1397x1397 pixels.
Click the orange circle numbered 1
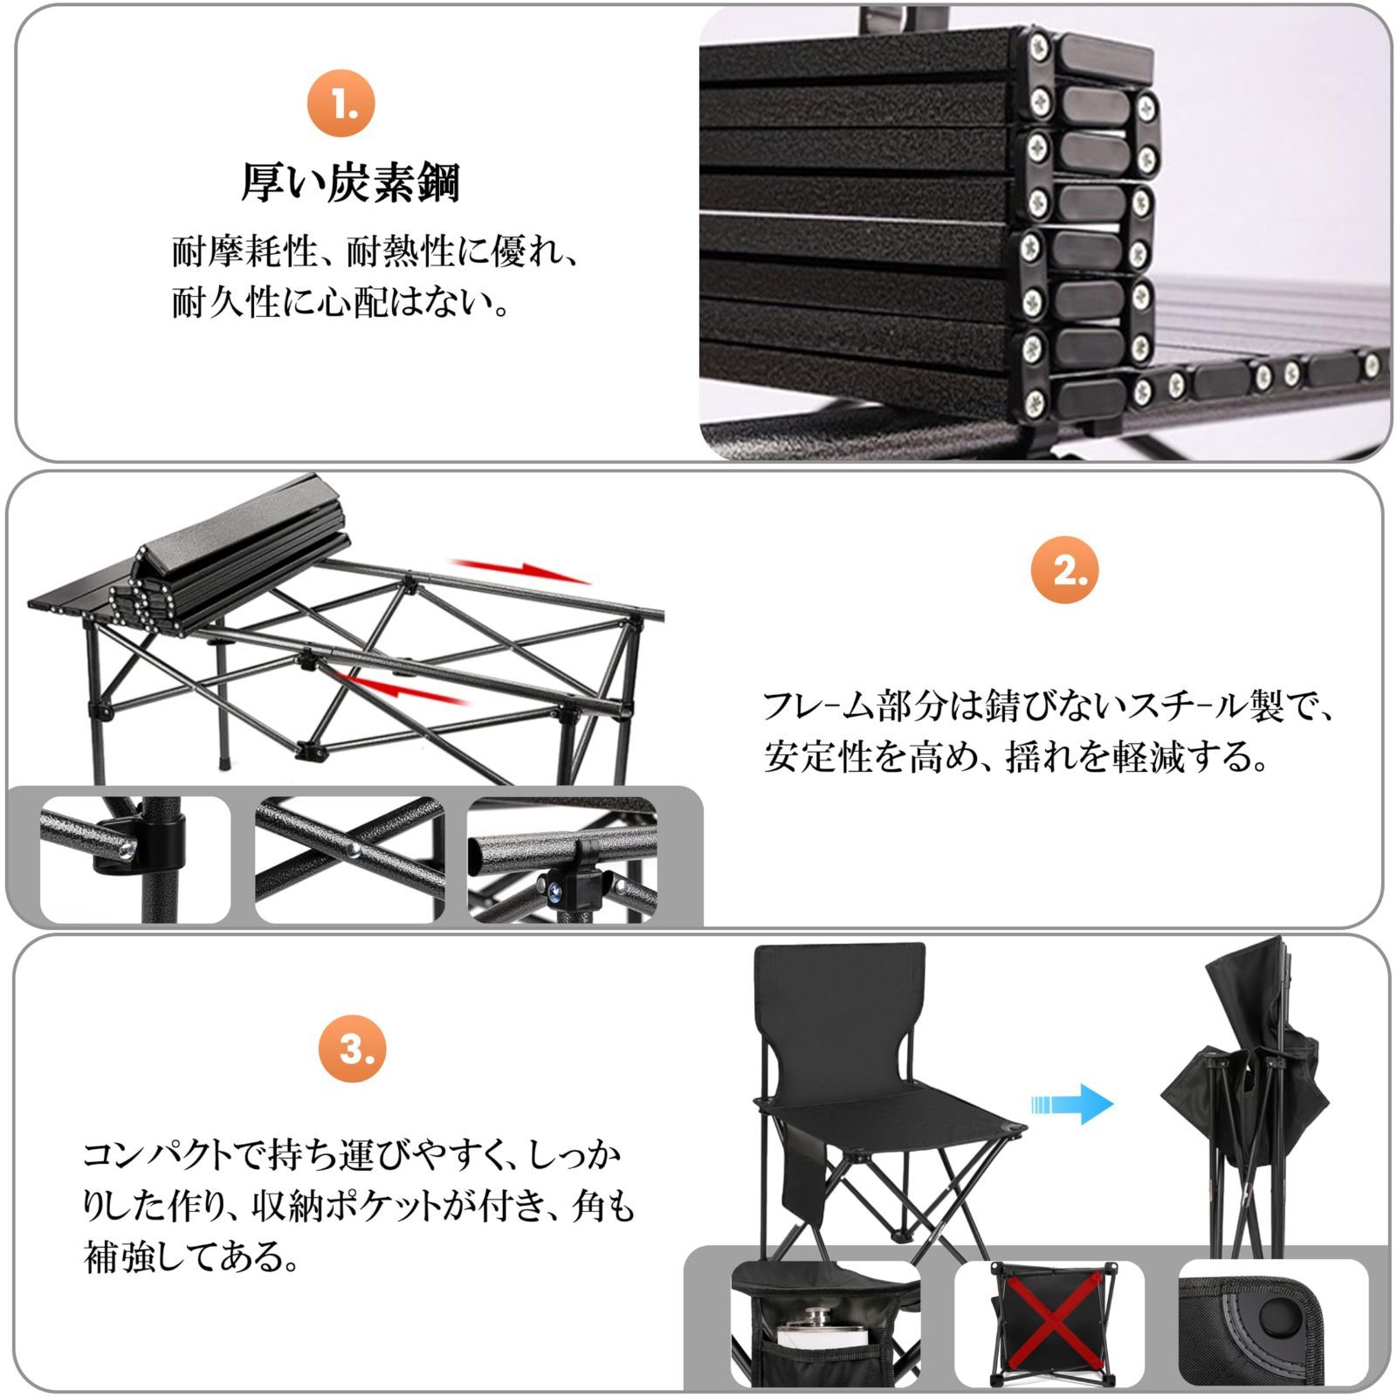(x=341, y=104)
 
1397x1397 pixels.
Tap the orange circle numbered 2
(x=1063, y=571)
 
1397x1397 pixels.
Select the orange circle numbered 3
(x=352, y=1049)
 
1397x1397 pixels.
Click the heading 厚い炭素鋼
(x=350, y=183)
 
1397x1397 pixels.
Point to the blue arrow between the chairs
(x=1072, y=1104)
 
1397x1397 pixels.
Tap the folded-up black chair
(x=1244, y=1100)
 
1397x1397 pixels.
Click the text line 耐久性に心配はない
(x=341, y=304)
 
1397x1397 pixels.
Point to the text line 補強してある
(x=192, y=1258)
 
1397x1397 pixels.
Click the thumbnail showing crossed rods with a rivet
(x=350, y=859)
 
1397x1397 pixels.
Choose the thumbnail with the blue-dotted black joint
(x=562, y=861)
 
